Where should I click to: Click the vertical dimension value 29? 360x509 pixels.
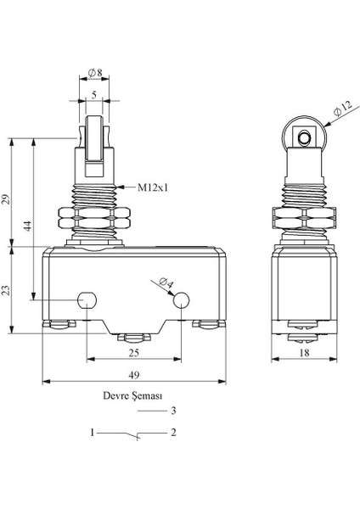(7, 199)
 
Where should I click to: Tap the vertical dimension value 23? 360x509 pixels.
(7, 290)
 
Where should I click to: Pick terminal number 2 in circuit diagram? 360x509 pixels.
(172, 433)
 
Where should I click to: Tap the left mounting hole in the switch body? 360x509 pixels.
(86, 299)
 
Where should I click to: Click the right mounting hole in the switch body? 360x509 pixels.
(181, 299)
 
